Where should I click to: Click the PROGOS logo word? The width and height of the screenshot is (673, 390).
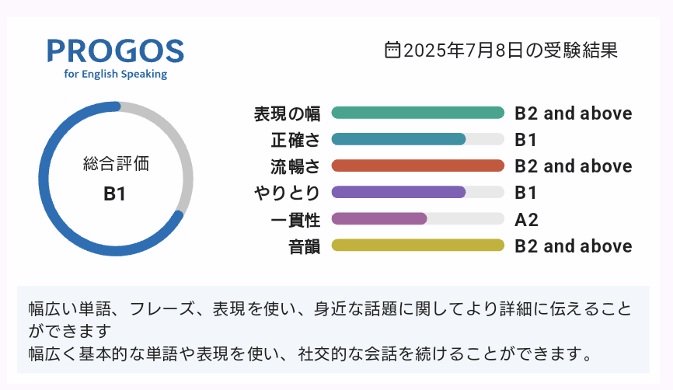[x=116, y=51]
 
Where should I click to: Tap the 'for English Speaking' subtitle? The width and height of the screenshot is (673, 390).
[x=116, y=74]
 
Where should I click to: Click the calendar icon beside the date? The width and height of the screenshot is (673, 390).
[x=392, y=50]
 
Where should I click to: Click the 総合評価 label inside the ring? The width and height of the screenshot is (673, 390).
[x=116, y=164]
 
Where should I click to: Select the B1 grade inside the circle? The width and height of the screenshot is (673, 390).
[x=114, y=194]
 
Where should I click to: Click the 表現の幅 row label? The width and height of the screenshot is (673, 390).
[x=287, y=113]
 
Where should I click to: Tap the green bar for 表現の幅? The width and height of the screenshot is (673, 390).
[x=417, y=113]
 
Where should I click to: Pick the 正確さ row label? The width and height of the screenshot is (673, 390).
[x=295, y=140]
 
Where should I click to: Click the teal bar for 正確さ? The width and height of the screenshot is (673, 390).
[x=399, y=139]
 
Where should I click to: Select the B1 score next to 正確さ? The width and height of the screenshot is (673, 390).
[x=525, y=140]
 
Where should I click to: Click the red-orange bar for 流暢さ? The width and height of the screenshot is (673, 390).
[x=417, y=165]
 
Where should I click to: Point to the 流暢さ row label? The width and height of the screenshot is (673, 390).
[x=295, y=166]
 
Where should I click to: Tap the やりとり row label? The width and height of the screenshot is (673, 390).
[x=287, y=193]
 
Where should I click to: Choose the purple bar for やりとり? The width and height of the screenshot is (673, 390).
[x=399, y=192]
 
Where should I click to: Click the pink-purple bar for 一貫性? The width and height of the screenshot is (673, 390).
[x=379, y=218]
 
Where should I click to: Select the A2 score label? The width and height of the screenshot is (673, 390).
[x=526, y=220]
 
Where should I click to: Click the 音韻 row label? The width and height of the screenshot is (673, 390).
[x=304, y=247]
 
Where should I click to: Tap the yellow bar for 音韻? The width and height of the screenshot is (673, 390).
[x=417, y=245]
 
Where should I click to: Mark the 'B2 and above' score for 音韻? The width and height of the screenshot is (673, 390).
[x=573, y=246]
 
